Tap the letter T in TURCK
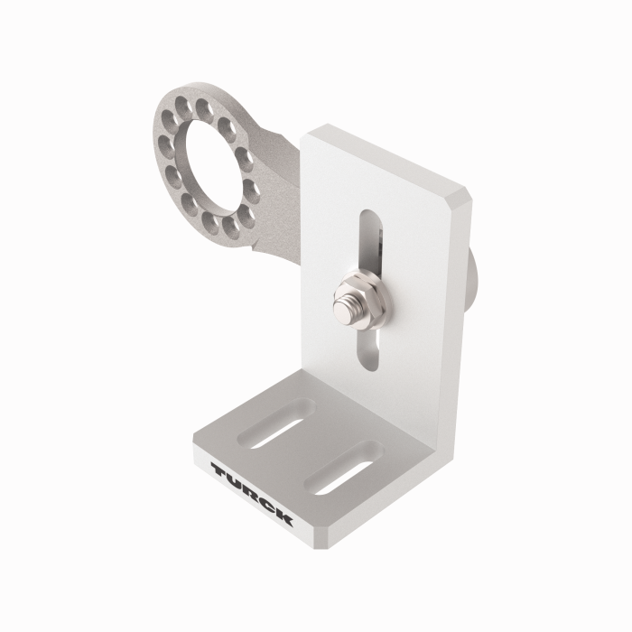(219, 470)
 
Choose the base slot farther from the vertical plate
(272, 425)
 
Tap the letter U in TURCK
(234, 482)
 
